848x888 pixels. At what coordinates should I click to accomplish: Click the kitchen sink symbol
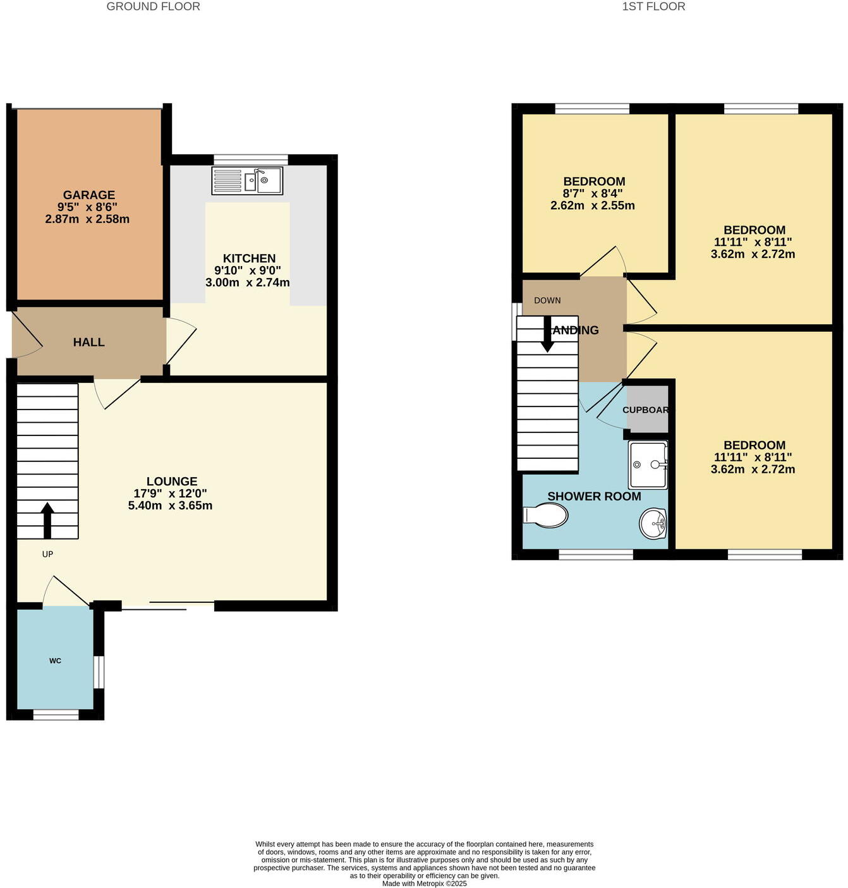tap(247, 181)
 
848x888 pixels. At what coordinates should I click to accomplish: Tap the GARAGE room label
tap(88, 195)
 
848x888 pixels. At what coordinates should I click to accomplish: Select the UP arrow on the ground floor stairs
tap(47, 520)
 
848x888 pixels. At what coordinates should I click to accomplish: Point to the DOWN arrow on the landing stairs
tap(547, 334)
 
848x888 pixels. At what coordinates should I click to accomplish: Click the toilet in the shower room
tap(545, 516)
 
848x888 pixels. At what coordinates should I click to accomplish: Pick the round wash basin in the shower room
tap(653, 524)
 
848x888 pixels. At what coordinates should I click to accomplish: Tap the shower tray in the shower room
tap(648, 465)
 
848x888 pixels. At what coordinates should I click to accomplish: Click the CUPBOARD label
tap(646, 410)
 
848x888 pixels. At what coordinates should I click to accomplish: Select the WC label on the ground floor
tap(55, 661)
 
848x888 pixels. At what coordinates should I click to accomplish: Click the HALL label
tap(88, 343)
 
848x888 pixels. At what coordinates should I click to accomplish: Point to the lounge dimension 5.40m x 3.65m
tap(170, 506)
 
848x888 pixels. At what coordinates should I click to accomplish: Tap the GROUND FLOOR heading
tap(153, 7)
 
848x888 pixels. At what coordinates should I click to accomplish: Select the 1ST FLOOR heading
tap(653, 7)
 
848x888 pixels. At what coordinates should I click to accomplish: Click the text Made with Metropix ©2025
tap(424, 884)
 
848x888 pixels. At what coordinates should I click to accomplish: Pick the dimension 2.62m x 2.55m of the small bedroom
tap(592, 205)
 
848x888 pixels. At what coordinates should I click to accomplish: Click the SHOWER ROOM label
tap(594, 497)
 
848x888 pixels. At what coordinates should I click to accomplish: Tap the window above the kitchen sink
tap(251, 159)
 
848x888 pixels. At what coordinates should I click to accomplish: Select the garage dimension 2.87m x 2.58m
tap(87, 219)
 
